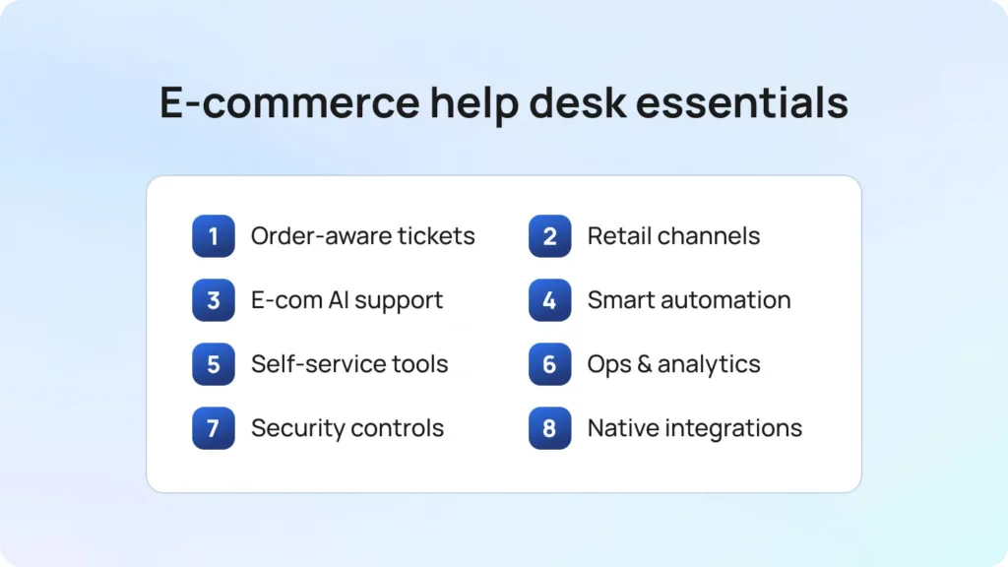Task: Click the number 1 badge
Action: pos(214,236)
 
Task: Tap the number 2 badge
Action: pos(549,236)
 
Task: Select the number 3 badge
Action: pos(214,300)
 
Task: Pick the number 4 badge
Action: pos(549,300)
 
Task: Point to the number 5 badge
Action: pos(214,364)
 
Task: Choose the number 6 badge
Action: pos(549,364)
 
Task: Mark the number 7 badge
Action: pos(214,428)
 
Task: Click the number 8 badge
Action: pos(549,428)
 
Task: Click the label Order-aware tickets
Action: pos(362,236)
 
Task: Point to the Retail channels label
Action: pos(673,236)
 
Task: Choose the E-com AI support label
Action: pos(346,300)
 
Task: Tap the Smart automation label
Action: pos(689,300)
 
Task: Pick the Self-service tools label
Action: pos(349,364)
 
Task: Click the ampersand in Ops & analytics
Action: pos(645,364)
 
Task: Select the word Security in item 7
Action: pos(292,428)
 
